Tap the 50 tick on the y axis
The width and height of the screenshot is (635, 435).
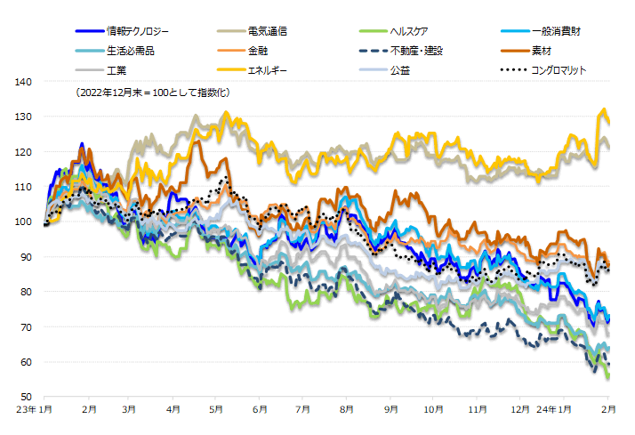coord(26,397)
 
